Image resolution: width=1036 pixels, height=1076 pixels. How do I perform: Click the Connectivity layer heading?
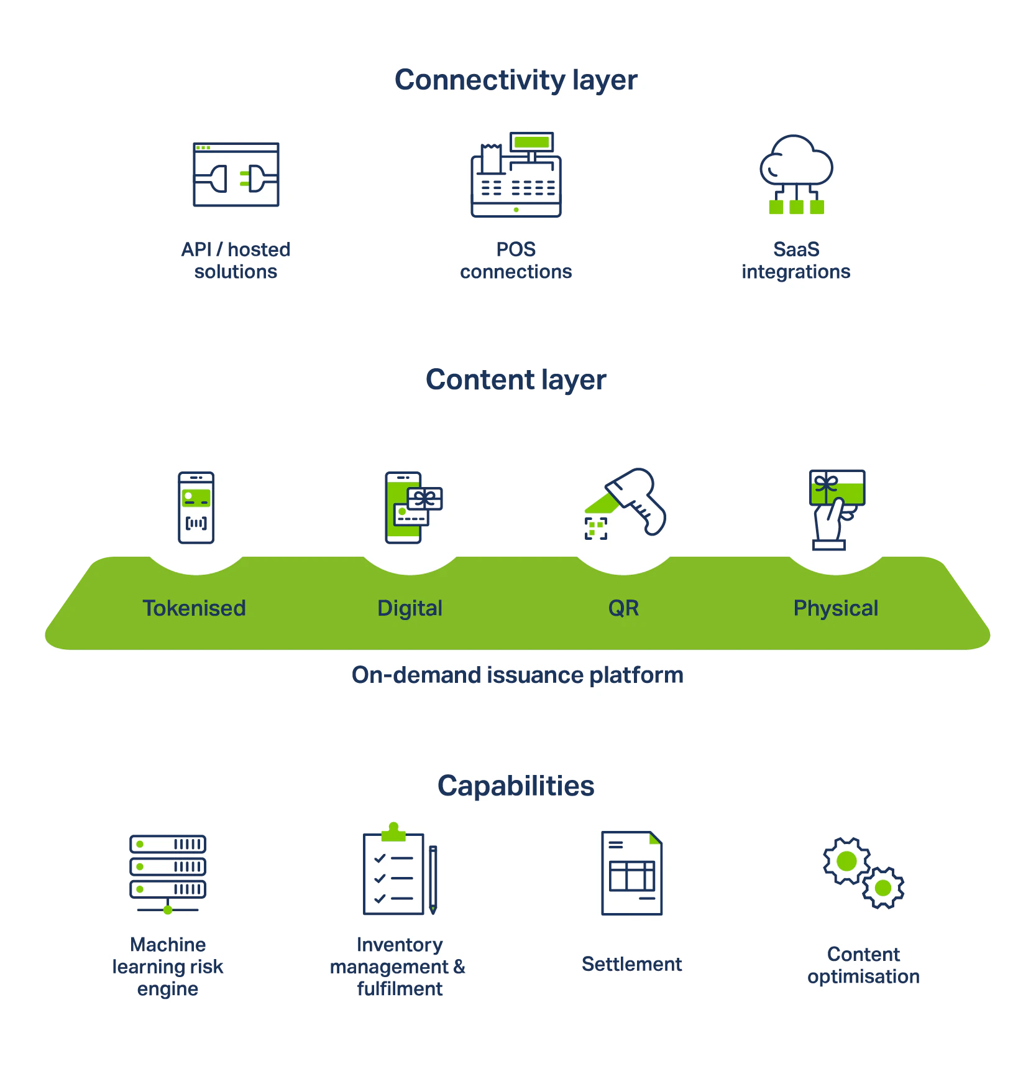516,80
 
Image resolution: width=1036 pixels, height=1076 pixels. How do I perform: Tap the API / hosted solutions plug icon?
236,175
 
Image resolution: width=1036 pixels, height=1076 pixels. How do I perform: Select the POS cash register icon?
516,175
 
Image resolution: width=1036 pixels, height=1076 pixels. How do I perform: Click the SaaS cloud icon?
796,173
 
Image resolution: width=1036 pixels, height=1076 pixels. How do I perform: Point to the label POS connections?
516,261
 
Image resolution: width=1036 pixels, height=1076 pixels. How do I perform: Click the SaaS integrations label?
796,261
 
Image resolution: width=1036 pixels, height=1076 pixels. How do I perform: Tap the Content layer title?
516,381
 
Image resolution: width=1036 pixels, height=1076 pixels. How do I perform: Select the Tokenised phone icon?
196,508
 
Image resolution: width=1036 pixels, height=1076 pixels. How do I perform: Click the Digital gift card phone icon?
411,508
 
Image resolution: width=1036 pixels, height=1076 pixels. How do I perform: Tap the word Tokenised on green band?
195,608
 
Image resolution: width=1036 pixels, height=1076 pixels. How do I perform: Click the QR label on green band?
623,608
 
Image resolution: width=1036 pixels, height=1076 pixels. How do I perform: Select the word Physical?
836,608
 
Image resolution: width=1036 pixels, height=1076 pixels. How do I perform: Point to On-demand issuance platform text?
517,675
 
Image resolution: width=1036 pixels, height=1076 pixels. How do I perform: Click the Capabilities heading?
516,786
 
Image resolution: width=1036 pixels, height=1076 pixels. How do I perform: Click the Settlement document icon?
631,873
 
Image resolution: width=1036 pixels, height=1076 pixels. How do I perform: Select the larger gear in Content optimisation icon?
846,861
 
